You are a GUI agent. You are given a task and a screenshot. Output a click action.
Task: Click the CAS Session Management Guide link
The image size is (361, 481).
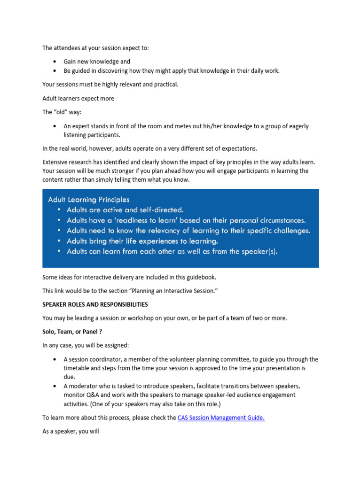pyautogui.click(x=221, y=418)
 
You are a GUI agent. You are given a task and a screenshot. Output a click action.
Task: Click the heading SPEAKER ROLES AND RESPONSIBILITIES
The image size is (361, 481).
pyautogui.click(x=95, y=304)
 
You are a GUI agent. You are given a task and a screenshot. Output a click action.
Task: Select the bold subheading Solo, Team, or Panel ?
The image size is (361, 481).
pyautogui.click(x=72, y=332)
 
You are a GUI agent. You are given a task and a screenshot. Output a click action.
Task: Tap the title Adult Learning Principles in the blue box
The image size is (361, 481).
pyautogui.click(x=89, y=200)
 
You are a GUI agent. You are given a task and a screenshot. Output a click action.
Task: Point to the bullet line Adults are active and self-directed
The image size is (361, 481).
pyautogui.click(x=125, y=210)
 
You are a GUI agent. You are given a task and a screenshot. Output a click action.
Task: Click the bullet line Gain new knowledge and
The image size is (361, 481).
pyautogui.click(x=97, y=62)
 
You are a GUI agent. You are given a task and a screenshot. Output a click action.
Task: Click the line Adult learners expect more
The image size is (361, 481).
pyautogui.click(x=78, y=99)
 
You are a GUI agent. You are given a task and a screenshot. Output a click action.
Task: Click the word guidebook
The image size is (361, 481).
pyautogui.click(x=202, y=277)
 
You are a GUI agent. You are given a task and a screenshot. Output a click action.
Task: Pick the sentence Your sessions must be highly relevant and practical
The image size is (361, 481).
pyautogui.click(x=110, y=85)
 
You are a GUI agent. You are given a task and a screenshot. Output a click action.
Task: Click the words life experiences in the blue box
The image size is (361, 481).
pyautogui.click(x=149, y=241)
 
